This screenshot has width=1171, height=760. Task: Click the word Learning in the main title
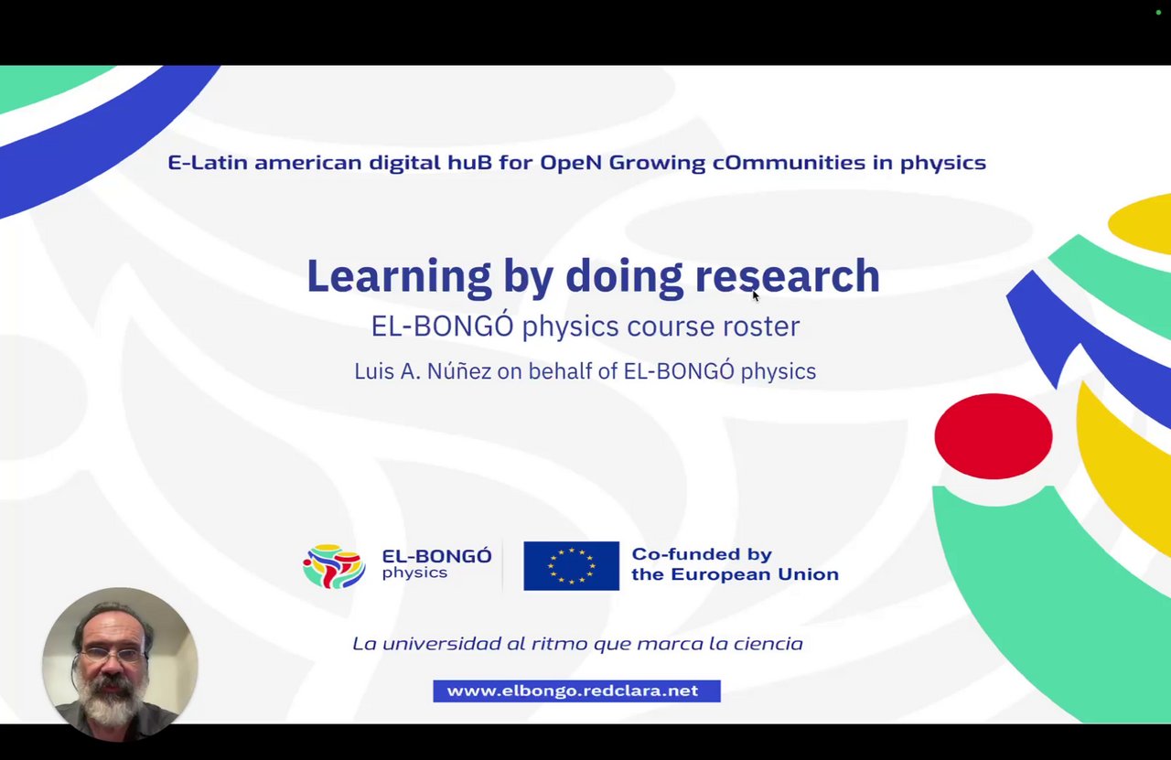[399, 278]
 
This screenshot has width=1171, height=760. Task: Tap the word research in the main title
[788, 276]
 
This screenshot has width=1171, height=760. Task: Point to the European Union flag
[572, 565]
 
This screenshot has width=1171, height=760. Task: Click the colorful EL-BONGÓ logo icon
[334, 566]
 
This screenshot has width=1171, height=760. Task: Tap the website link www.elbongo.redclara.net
[576, 691]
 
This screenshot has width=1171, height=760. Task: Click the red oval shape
[994, 436]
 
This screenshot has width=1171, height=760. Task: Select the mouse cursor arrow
[756, 295]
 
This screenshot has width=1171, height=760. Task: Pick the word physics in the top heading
[943, 163]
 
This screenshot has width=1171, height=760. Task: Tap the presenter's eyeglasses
[113, 654]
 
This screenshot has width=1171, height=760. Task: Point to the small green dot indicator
[1158, 12]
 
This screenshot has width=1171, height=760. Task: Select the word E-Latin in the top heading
[208, 163]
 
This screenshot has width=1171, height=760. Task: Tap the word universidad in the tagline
[442, 644]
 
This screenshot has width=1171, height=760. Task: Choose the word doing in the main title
[624, 278]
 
